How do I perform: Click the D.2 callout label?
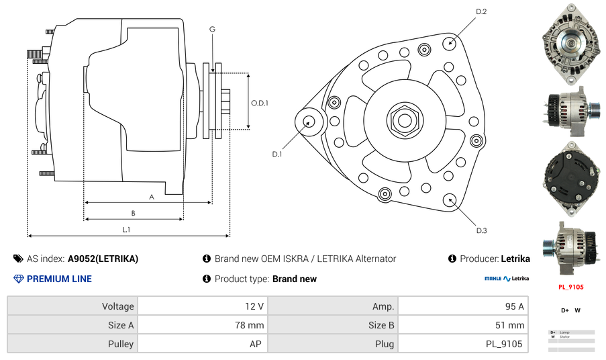click(x=481, y=11)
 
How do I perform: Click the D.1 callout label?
click(x=277, y=154)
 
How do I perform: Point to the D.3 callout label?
click(x=481, y=230)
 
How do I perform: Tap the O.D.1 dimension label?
click(x=260, y=103)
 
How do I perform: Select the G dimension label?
click(x=212, y=30)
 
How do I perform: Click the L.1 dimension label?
click(x=126, y=230)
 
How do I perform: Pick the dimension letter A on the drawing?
click(x=152, y=197)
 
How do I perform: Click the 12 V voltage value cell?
click(x=254, y=306)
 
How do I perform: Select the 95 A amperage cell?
click(x=514, y=306)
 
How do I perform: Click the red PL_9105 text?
click(x=571, y=287)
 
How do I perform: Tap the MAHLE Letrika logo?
click(x=507, y=278)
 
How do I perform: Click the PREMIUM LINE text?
click(x=59, y=279)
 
